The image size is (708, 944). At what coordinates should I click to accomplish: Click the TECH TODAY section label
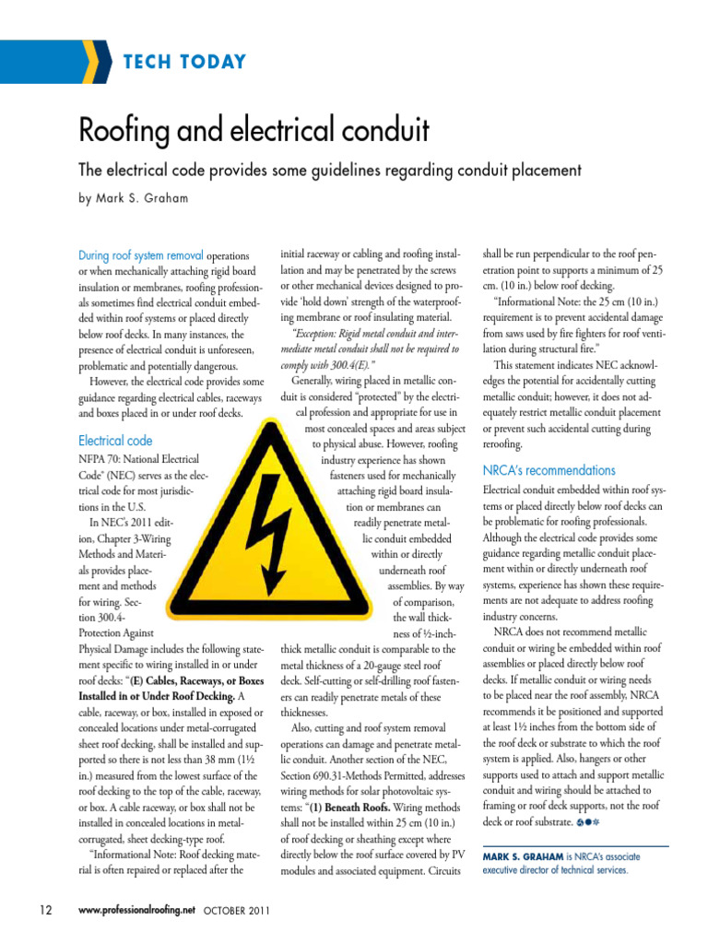[x=184, y=63]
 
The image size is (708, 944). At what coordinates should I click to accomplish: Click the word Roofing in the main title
[x=135, y=131]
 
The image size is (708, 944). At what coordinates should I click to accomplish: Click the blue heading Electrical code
[x=115, y=441]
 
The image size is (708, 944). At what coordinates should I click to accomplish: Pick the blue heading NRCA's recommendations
[x=549, y=470]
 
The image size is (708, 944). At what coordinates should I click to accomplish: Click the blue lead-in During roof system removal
[x=141, y=255]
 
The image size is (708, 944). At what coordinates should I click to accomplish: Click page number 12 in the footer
[x=45, y=910]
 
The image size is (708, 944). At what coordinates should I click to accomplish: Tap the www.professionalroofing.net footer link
[x=138, y=910]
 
